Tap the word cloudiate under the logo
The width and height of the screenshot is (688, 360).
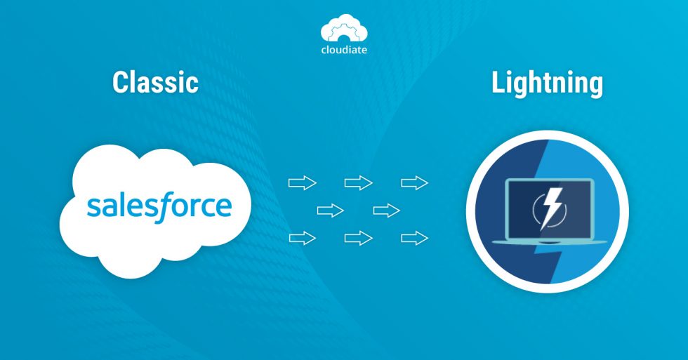pos(344,51)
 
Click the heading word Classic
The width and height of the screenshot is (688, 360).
pos(155,84)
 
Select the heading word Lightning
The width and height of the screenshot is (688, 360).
pos(547,84)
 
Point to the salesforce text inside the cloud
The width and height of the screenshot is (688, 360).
pos(159,206)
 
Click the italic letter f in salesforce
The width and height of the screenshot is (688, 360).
pos(168,206)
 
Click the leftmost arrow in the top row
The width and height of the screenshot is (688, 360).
pos(303,183)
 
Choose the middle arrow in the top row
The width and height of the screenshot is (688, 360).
pos(358,183)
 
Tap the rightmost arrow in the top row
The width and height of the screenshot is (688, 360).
pos(414,183)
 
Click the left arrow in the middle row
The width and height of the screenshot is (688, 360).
pos(330,211)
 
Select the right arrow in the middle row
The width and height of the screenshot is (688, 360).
pos(386,211)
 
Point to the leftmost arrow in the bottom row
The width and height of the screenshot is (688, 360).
pos(303,238)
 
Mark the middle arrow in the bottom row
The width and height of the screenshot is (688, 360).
pos(358,238)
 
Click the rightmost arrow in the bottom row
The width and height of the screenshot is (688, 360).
pos(414,238)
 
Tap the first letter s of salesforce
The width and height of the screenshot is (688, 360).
pos(93,208)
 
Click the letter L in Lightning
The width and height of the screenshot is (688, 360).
pos(497,84)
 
